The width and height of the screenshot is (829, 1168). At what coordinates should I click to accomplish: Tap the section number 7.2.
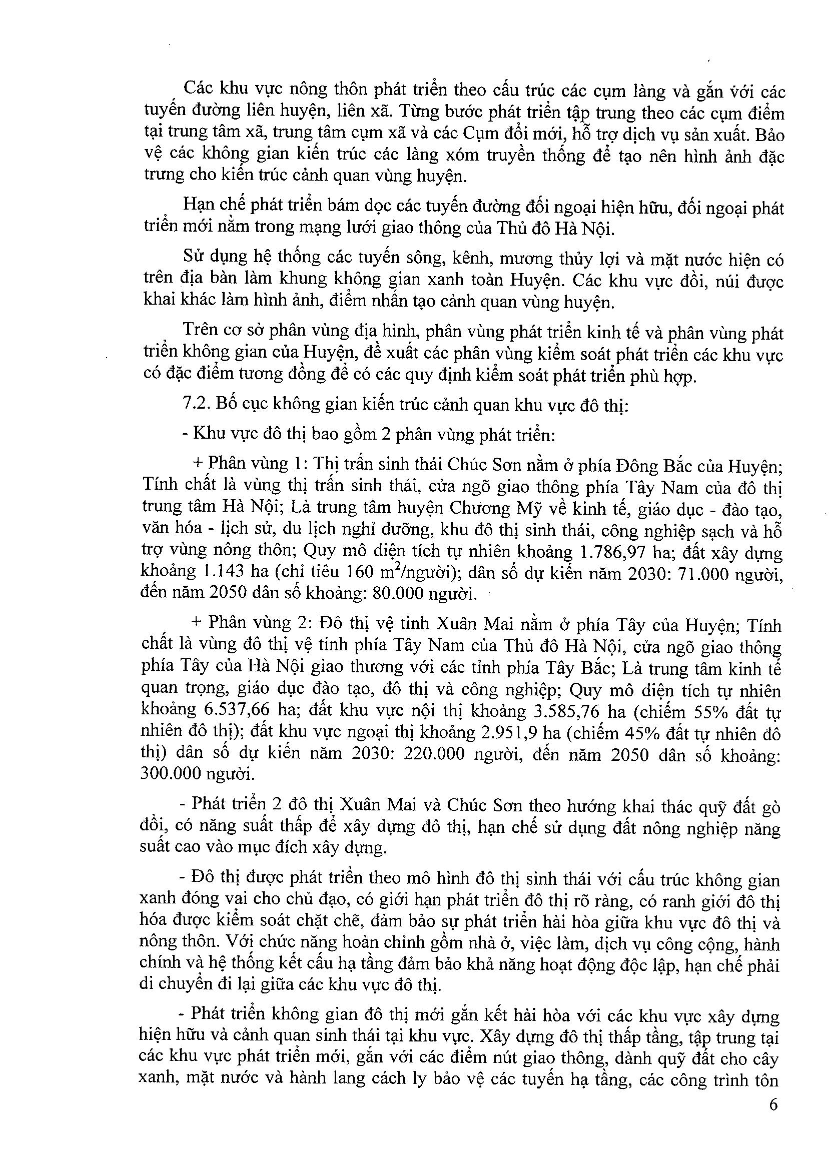pos(194,405)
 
